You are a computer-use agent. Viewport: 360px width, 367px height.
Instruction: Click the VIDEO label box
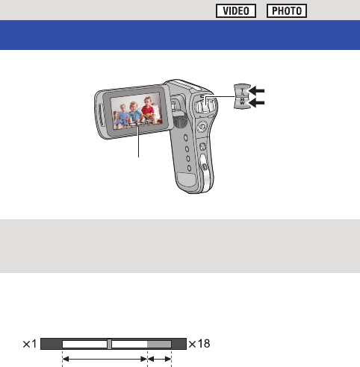tap(236, 10)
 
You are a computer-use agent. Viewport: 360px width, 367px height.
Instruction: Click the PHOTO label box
tap(287, 10)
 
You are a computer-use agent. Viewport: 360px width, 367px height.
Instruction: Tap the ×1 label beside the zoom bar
tap(30, 344)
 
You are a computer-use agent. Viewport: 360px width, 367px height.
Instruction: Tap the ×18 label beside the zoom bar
tap(199, 344)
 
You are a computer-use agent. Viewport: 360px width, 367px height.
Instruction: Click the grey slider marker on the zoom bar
tap(109, 344)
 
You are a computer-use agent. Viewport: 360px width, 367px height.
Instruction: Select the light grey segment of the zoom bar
tap(159, 344)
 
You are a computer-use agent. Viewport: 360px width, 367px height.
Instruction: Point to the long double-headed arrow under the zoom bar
tap(105, 359)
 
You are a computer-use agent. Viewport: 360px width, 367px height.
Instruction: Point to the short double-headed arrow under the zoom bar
tap(160, 359)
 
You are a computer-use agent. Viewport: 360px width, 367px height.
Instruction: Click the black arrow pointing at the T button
tap(257, 91)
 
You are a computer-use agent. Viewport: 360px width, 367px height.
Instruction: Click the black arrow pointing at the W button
tap(257, 102)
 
